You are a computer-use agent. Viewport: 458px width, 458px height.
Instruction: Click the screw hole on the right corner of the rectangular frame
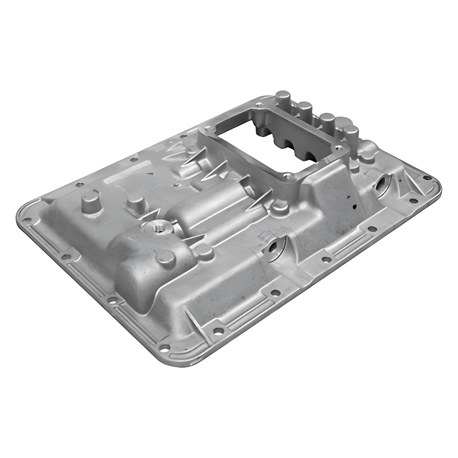[339, 148]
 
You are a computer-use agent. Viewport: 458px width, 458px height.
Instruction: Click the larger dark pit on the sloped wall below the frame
[355, 206]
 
